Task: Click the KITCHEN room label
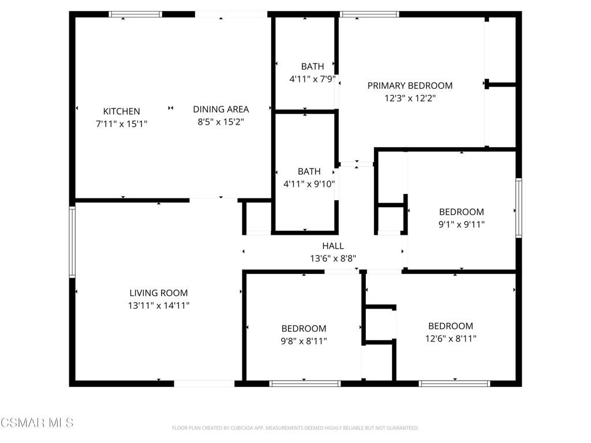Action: (x=121, y=111)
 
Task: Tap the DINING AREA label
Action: (x=220, y=109)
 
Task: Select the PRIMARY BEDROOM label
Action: (x=410, y=85)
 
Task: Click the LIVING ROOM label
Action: (x=158, y=293)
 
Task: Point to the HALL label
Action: (x=333, y=246)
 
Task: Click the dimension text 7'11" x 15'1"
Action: (x=121, y=123)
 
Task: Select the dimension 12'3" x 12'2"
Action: (x=410, y=98)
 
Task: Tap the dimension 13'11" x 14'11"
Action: (x=158, y=306)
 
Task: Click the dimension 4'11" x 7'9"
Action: (x=312, y=78)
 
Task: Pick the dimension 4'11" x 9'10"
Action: (x=309, y=184)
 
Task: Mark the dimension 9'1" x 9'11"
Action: (x=461, y=224)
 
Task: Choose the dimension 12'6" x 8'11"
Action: (x=450, y=339)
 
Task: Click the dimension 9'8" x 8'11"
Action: (x=304, y=341)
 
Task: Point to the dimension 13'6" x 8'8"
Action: (x=333, y=258)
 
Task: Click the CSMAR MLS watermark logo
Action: (x=37, y=423)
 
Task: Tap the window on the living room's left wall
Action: (x=72, y=242)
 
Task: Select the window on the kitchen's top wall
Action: (x=136, y=14)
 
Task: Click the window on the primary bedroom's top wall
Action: (x=369, y=14)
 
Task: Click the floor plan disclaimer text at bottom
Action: (x=295, y=428)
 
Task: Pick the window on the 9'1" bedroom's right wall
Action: (x=518, y=208)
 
